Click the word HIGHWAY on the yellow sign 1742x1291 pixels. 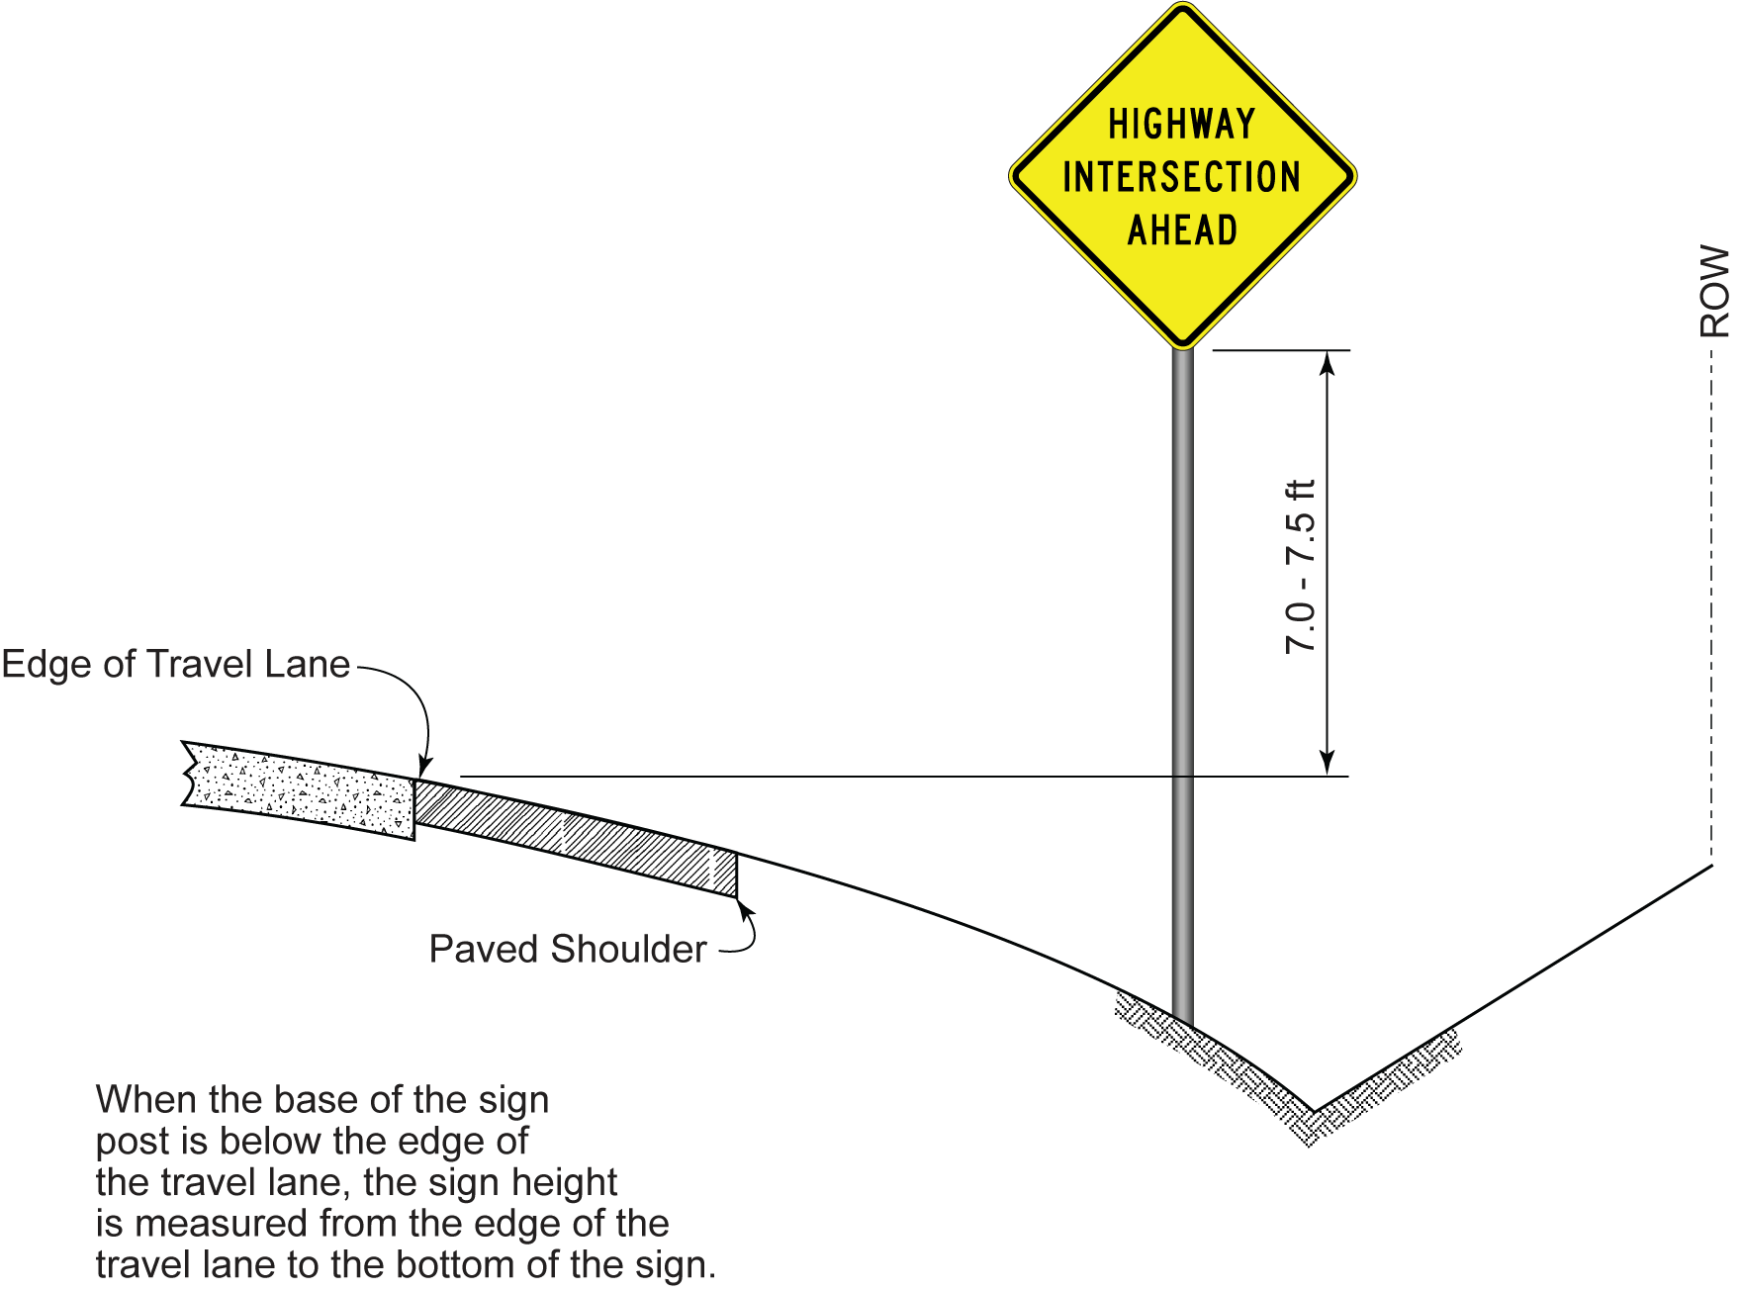(1182, 125)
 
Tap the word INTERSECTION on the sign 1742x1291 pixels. (1182, 178)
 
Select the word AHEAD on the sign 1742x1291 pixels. (1183, 231)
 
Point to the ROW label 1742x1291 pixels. (1713, 292)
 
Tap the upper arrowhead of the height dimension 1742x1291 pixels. (1329, 363)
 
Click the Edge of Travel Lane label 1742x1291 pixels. (176, 665)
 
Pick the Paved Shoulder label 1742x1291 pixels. (568, 949)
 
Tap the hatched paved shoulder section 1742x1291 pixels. (575, 837)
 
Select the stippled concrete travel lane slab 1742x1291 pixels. (299, 789)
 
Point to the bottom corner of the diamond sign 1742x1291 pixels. (1183, 349)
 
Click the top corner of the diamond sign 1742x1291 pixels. (1183, 5)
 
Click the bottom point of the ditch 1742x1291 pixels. (1314, 1112)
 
